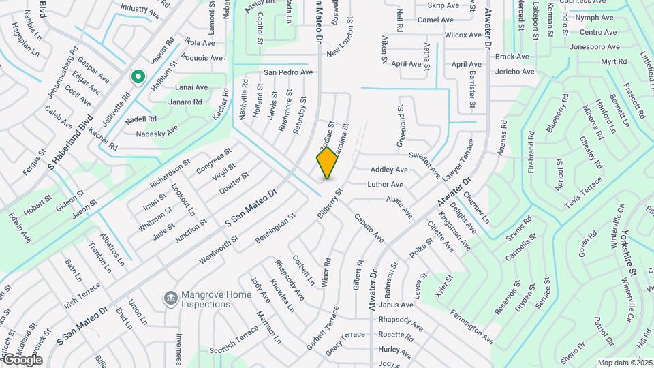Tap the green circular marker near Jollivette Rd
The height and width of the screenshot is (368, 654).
tap(138, 77)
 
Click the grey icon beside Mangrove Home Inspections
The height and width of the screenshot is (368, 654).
tap(170, 298)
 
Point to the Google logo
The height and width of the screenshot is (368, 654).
tap(22, 359)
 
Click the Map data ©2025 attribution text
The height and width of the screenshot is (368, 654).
tap(625, 363)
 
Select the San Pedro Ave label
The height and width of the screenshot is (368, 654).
tap(288, 72)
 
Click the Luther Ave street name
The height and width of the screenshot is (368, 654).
tap(386, 185)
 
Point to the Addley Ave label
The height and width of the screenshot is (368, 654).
tap(389, 170)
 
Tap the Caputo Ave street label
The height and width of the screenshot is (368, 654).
tap(369, 228)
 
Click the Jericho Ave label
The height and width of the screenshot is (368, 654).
tap(515, 71)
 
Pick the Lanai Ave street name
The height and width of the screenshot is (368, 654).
tap(191, 87)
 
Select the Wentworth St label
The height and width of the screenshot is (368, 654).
tap(219, 250)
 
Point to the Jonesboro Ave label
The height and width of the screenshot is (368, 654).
tap(595, 47)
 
